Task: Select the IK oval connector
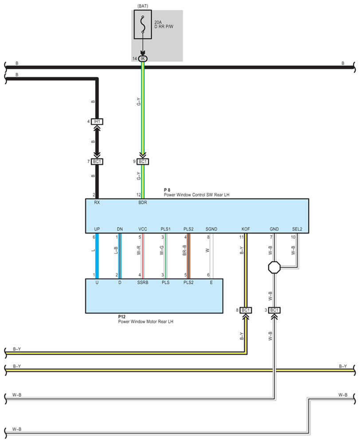pyautogui.click(x=143, y=59)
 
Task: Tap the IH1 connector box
pyautogui.click(x=97, y=121)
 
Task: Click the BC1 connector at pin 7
pyautogui.click(x=97, y=162)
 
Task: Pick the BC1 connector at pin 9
pyautogui.click(x=143, y=162)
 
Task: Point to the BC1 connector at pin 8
pyautogui.click(x=246, y=310)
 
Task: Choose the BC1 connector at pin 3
pyautogui.click(x=274, y=310)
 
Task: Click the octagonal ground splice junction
pyautogui.click(x=274, y=268)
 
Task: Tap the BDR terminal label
pyautogui.click(x=143, y=202)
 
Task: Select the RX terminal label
pyautogui.click(x=97, y=202)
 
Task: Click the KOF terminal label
pyautogui.click(x=246, y=229)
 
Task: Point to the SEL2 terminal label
pyautogui.click(x=297, y=229)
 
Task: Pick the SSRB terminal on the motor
pyautogui.click(x=143, y=282)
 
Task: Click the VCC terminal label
pyautogui.click(x=143, y=229)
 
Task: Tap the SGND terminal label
pyautogui.click(x=211, y=229)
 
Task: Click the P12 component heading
pyautogui.click(x=122, y=317)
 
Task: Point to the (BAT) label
pyautogui.click(x=143, y=5)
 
